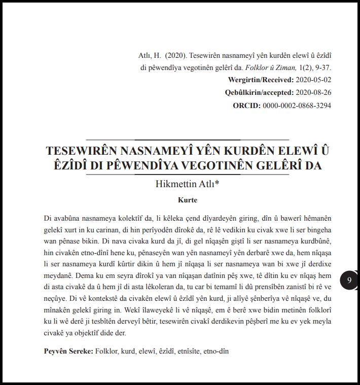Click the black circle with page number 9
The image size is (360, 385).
[x=349, y=280]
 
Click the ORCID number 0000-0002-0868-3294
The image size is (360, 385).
[x=297, y=106]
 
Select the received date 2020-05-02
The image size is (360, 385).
[x=313, y=80]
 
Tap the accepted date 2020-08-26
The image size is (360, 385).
[x=313, y=93]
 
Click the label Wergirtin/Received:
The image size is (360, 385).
[x=261, y=80]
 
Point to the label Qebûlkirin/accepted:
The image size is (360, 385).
[x=259, y=93]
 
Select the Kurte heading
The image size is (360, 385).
[x=187, y=200]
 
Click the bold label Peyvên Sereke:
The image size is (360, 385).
[x=68, y=351]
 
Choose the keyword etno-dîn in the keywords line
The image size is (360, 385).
[x=216, y=351]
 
